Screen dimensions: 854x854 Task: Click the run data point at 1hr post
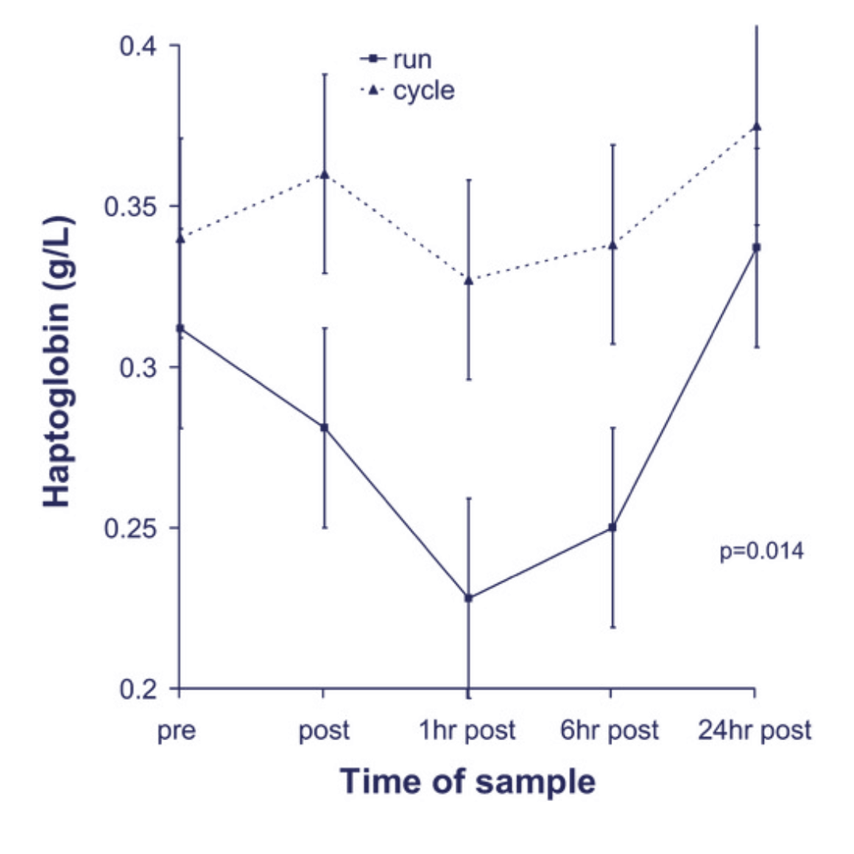click(468, 598)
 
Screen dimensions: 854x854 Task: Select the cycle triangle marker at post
click(323, 174)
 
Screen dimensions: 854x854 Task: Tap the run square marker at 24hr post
click(756, 248)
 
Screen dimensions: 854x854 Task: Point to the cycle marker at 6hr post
click(611, 244)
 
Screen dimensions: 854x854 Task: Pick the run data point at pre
click(179, 327)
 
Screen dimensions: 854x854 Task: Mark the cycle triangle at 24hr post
click(756, 127)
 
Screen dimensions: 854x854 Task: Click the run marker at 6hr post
click(611, 527)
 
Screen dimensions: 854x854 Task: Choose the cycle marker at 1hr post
click(468, 280)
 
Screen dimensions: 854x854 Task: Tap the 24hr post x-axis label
click(755, 731)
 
